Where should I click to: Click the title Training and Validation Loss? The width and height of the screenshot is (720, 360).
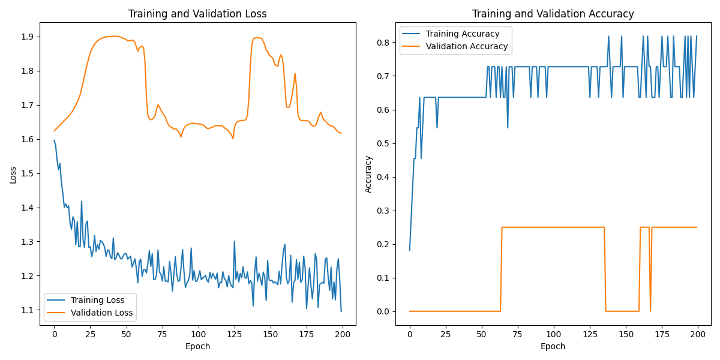point(198,14)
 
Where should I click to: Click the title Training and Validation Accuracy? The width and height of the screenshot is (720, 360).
point(553,14)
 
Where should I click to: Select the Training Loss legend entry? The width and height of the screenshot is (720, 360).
point(97,300)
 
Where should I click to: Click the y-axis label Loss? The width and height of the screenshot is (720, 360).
point(13,174)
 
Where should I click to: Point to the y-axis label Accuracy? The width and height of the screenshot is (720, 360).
point(368,174)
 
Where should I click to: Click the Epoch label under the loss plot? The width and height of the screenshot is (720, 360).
point(198,346)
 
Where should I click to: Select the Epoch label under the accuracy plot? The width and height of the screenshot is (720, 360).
point(553,346)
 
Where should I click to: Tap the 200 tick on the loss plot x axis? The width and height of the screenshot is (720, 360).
point(343,334)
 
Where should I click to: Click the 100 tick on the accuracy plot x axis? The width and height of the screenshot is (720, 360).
point(554,334)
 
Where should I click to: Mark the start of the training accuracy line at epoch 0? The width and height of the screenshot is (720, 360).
point(410,250)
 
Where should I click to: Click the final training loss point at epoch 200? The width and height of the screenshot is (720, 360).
point(341,311)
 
